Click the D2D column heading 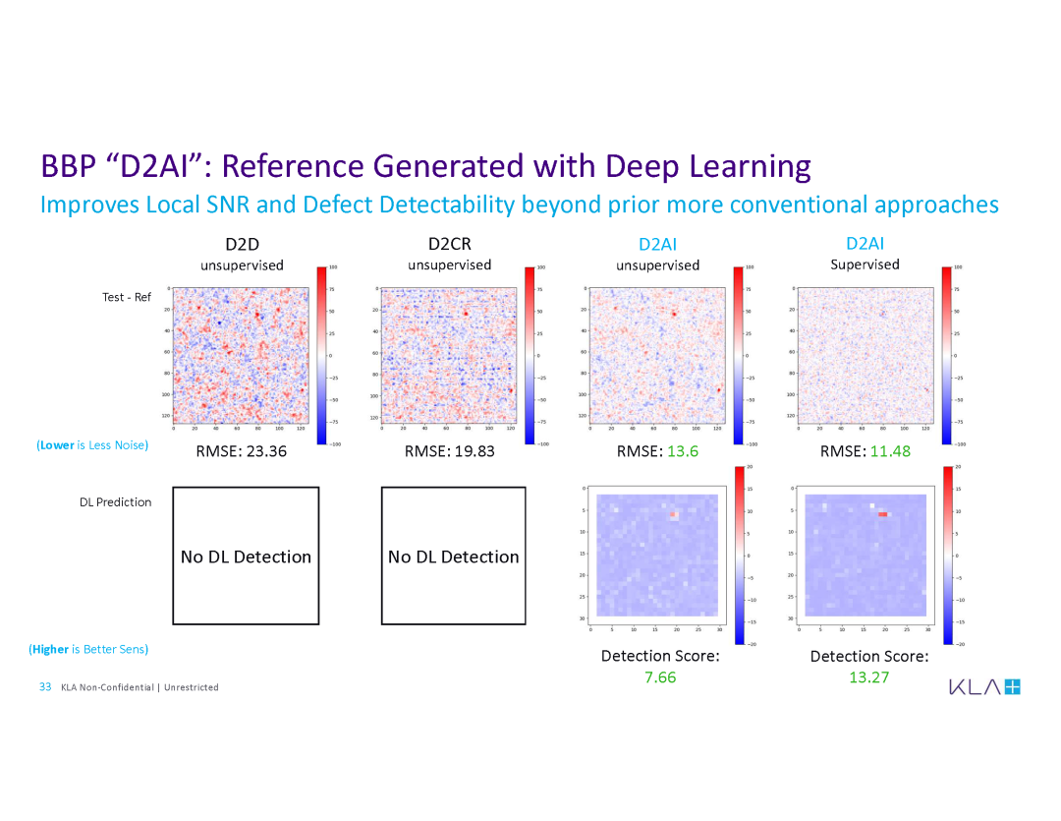(242, 244)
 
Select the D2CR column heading (450, 244)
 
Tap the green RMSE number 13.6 (684, 451)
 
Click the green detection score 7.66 (660, 677)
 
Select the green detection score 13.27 (869, 677)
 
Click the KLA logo (984, 686)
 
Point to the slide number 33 (45, 686)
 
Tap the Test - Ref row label (127, 297)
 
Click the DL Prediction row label (116, 502)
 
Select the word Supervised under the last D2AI (865, 264)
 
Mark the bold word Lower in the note (57, 445)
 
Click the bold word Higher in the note (50, 649)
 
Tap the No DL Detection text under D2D (246, 557)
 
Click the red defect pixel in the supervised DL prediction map (882, 513)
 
